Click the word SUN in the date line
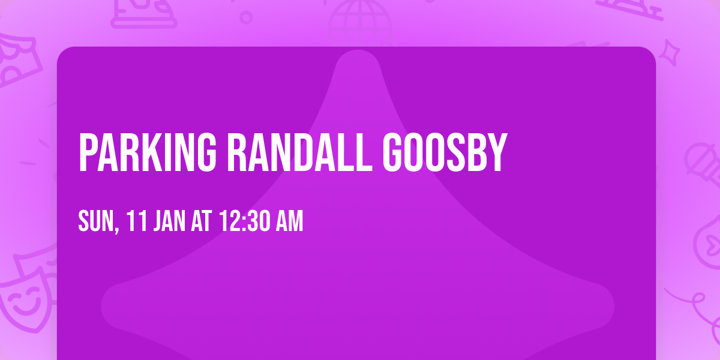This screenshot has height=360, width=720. [x=95, y=222]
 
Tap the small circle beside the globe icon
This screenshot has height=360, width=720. [x=246, y=17]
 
